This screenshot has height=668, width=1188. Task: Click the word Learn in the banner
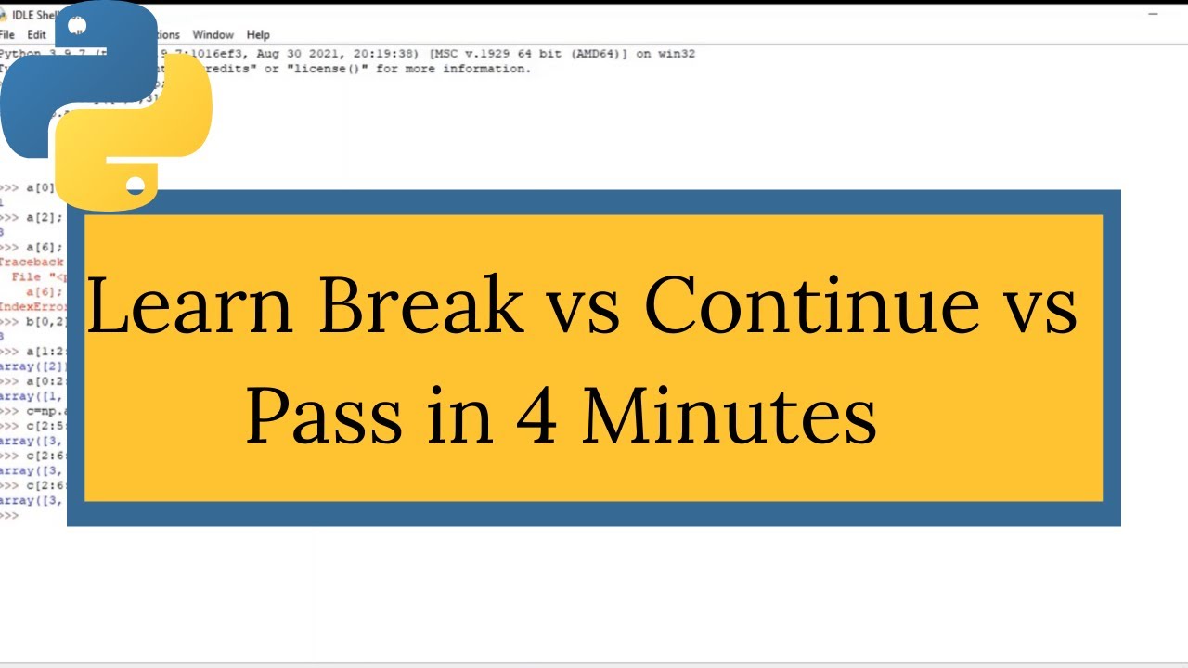coord(189,306)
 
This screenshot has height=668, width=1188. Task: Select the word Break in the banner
coord(421,306)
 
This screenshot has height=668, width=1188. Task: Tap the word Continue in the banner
coord(811,306)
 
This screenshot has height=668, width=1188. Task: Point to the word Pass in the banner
coord(324,415)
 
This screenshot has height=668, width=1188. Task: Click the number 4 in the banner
coord(536,415)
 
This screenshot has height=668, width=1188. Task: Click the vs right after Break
coord(585,306)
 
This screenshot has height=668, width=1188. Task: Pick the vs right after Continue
coord(1042,306)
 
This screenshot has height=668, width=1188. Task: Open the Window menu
coord(213,35)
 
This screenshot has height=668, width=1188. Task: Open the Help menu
coord(258,35)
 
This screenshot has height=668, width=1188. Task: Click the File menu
coord(7,35)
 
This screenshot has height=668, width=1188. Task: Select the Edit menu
coord(36,35)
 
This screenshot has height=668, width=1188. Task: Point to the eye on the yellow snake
coord(136,186)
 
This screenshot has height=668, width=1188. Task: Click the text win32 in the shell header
coord(677,54)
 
